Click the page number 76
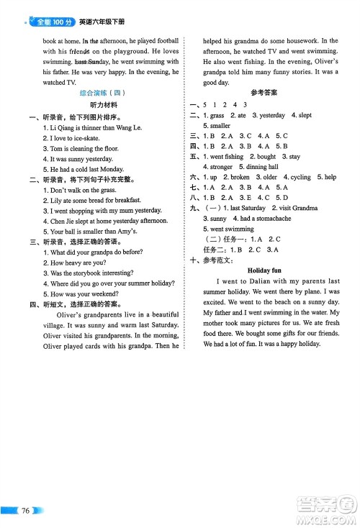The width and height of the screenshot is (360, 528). coord(26,511)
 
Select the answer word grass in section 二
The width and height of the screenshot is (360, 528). coord(218,115)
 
